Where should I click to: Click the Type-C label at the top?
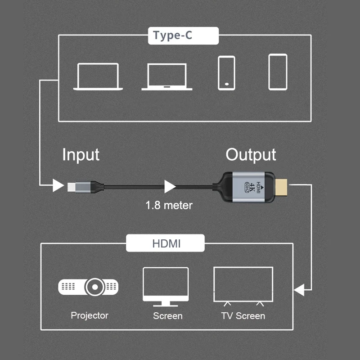(x=172, y=36)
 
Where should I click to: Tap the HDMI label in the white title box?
(x=166, y=244)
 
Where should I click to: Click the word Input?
(x=81, y=154)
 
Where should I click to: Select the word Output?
(x=251, y=154)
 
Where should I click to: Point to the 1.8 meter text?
(x=169, y=205)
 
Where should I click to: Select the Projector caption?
(x=90, y=315)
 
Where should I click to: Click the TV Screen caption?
(x=243, y=316)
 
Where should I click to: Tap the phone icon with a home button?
(x=226, y=72)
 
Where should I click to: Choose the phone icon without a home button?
(x=278, y=72)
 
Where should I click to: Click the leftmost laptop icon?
(x=98, y=76)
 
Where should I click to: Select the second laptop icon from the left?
(x=167, y=76)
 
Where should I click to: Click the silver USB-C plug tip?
(x=73, y=185)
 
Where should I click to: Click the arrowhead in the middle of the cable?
(x=170, y=185)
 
